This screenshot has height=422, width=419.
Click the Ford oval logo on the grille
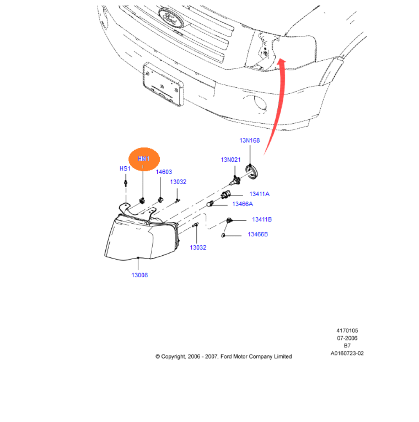point(169,17)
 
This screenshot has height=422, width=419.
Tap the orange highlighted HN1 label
point(144,159)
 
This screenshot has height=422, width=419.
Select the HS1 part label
point(125,168)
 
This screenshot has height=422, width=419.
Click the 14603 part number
point(164,172)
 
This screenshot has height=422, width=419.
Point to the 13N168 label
point(250,140)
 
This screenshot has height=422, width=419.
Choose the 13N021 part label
point(231,160)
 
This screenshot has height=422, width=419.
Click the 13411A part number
point(259,194)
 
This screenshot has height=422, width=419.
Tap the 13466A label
point(243,204)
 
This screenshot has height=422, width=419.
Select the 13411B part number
point(262,219)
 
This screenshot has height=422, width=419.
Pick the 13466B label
point(257,234)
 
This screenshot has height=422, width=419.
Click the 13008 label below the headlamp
point(140,275)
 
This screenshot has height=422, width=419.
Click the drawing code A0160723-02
point(347,353)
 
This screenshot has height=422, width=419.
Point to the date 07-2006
point(347,338)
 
